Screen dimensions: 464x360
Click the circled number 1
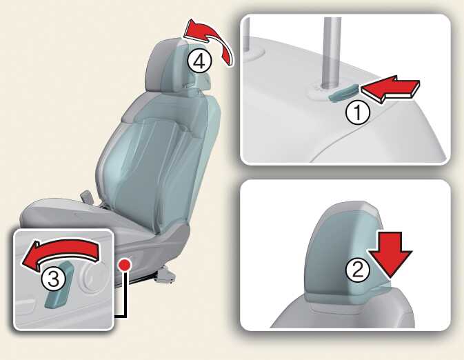(x=358, y=112)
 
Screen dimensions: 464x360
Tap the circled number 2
(x=357, y=270)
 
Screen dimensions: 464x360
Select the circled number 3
(x=54, y=279)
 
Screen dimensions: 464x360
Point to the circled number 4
(x=199, y=61)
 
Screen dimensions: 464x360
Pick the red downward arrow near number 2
(x=390, y=254)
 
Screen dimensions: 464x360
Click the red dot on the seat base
(x=125, y=264)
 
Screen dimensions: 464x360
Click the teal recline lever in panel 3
(x=59, y=286)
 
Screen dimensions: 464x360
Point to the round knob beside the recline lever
(x=92, y=277)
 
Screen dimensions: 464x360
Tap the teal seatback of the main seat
(x=157, y=160)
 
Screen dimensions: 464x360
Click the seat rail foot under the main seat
(x=165, y=274)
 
